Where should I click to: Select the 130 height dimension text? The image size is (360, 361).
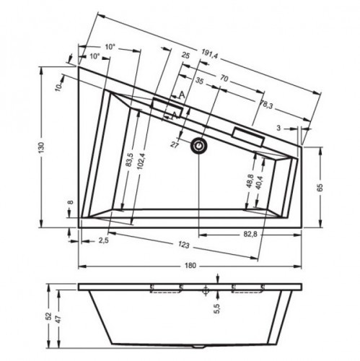coord(41,147)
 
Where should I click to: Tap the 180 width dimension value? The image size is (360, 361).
coord(190,266)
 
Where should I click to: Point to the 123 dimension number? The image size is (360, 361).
coord(184,245)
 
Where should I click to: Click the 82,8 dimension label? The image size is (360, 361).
coord(250,234)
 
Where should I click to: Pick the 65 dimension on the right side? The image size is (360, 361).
coord(320,188)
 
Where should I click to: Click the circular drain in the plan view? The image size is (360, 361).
coord(198,146)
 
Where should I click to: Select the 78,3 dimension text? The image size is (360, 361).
coord(266,104)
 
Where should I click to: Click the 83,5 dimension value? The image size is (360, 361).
coord(129,160)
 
